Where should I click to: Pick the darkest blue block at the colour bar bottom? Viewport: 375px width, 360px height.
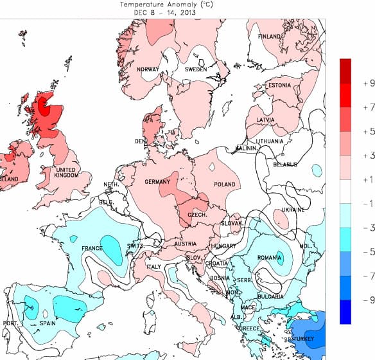345,312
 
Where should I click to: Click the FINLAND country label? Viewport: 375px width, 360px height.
270,37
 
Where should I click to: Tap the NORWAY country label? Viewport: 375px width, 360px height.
148,69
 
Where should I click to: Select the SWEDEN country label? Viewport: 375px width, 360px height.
196,69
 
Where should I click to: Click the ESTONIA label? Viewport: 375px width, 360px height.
279,85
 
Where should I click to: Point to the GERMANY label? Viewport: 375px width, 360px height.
157,183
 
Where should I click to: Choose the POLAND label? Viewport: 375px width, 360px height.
225,184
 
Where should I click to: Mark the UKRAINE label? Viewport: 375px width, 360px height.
293,210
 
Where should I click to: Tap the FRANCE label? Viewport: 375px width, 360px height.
92,248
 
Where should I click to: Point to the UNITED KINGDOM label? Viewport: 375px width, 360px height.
65,172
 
